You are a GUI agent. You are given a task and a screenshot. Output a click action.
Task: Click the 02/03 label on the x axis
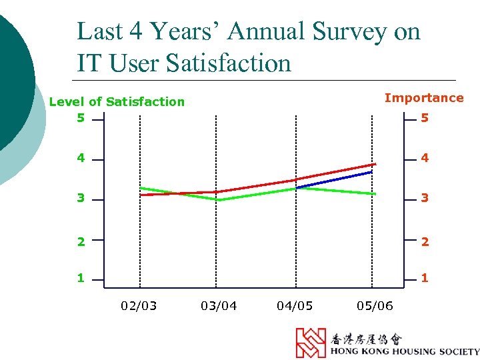click(x=139, y=306)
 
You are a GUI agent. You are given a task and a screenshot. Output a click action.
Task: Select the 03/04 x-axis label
click(x=219, y=306)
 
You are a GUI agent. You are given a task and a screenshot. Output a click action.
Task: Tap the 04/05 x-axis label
click(x=295, y=306)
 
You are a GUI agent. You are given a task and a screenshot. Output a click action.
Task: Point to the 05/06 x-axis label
click(x=375, y=306)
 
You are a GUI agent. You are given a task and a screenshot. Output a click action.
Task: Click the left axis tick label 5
click(x=81, y=118)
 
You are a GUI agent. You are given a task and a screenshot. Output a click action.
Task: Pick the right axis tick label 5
click(x=425, y=118)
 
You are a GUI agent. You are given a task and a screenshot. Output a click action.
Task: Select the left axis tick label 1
click(x=81, y=278)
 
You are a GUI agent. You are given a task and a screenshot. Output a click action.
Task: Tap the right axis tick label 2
click(x=425, y=241)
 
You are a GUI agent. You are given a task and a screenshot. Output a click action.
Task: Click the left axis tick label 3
click(x=81, y=198)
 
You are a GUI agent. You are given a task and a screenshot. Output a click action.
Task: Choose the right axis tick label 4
click(x=425, y=159)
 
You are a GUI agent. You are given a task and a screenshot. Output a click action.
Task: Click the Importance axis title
click(x=423, y=98)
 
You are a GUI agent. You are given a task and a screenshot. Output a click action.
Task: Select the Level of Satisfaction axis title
click(x=117, y=102)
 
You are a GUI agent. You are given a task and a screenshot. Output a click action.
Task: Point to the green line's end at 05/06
click(x=375, y=193)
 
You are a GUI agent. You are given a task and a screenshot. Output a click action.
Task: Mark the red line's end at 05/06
click(x=375, y=164)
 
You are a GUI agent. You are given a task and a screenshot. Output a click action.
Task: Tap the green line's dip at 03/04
click(x=217, y=199)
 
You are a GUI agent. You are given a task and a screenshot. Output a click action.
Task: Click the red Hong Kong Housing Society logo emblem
click(x=311, y=343)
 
